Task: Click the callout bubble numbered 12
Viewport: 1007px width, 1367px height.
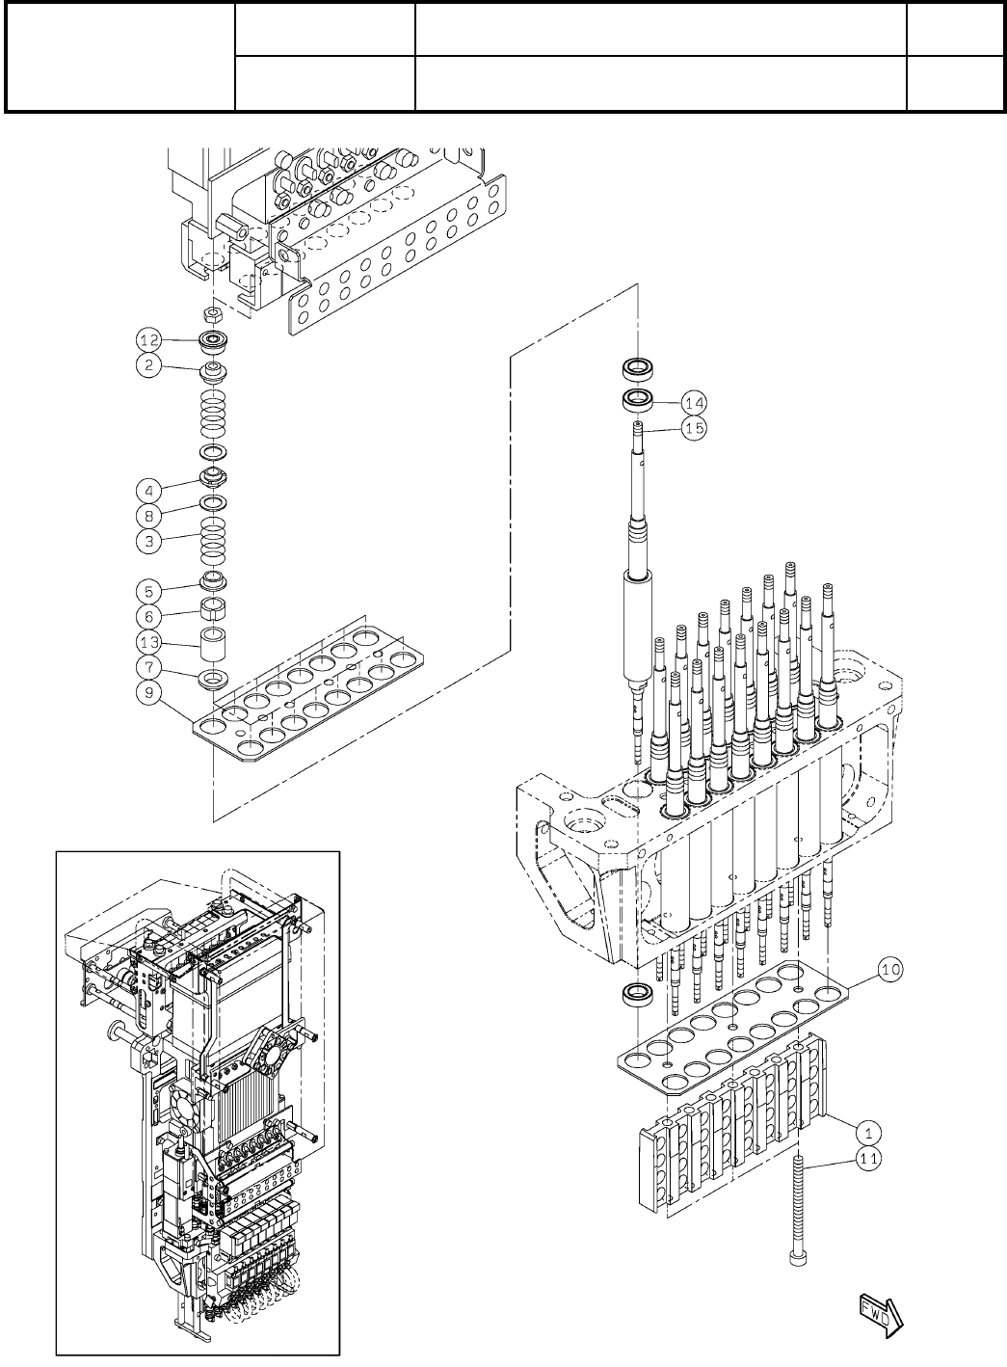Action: pyautogui.click(x=147, y=340)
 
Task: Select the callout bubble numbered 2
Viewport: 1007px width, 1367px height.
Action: pyautogui.click(x=147, y=367)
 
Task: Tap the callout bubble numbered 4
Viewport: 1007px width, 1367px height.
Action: pyautogui.click(x=147, y=489)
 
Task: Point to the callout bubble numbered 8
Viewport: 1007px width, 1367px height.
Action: pyautogui.click(x=147, y=515)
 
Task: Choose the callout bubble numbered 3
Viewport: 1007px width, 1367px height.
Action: pyautogui.click(x=147, y=541)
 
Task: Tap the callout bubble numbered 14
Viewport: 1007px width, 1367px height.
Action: pyautogui.click(x=694, y=401)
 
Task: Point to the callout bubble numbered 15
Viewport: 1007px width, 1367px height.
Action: pyautogui.click(x=694, y=428)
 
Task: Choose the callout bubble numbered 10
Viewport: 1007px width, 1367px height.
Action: pyautogui.click(x=891, y=970)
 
